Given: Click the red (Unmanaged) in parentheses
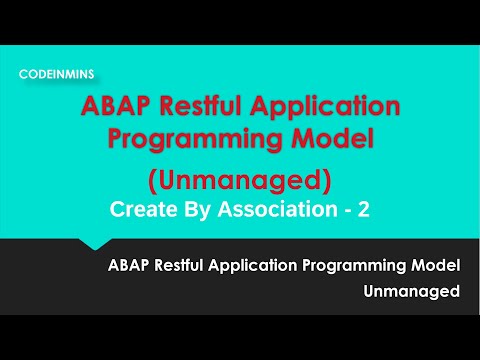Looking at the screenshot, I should [239, 182].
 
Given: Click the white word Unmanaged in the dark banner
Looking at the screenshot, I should [412, 292].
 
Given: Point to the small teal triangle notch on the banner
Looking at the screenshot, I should [94, 244].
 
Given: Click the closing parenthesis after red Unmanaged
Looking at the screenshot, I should [326, 182].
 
